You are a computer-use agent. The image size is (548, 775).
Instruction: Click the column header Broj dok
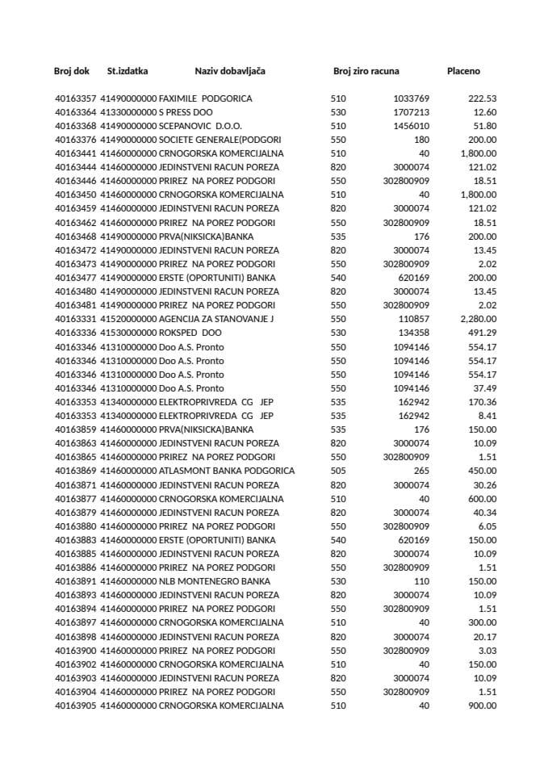72,72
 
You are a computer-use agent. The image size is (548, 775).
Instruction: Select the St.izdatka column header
128,72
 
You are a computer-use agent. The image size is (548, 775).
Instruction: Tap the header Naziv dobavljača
230,72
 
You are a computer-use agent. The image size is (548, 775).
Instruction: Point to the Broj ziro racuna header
366,72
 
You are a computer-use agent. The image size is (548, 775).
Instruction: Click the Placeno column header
463,72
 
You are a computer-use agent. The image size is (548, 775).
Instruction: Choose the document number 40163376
75,140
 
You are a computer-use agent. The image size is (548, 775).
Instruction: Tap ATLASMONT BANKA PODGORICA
227,471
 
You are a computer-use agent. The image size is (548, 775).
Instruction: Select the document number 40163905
75,706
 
